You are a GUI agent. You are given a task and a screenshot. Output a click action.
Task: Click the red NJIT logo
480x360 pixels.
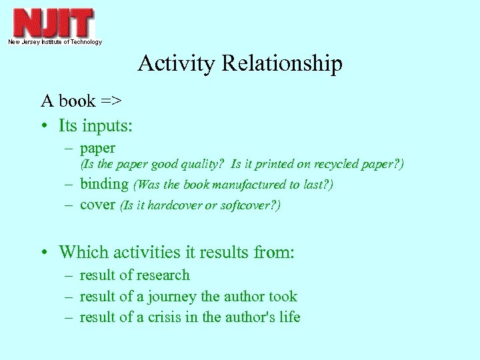pos(54,23)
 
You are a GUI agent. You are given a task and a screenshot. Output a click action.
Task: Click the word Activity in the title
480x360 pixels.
pos(177,63)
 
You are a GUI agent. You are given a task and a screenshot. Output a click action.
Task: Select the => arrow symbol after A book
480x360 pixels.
pos(111,101)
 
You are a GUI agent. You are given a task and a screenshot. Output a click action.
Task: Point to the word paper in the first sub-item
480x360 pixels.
pos(97,148)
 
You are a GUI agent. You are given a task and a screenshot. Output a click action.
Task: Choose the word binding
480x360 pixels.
pos(103,184)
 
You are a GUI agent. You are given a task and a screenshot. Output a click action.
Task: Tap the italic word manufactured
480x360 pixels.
pos(247,185)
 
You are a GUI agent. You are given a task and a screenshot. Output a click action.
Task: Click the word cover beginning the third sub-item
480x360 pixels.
pos(97,205)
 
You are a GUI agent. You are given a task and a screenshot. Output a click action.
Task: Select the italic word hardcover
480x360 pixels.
pos(173,205)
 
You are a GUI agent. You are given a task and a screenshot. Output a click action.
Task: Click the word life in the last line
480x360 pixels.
pos(289,317)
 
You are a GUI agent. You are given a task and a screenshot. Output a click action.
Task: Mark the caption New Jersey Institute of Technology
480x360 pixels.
pos(55,42)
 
